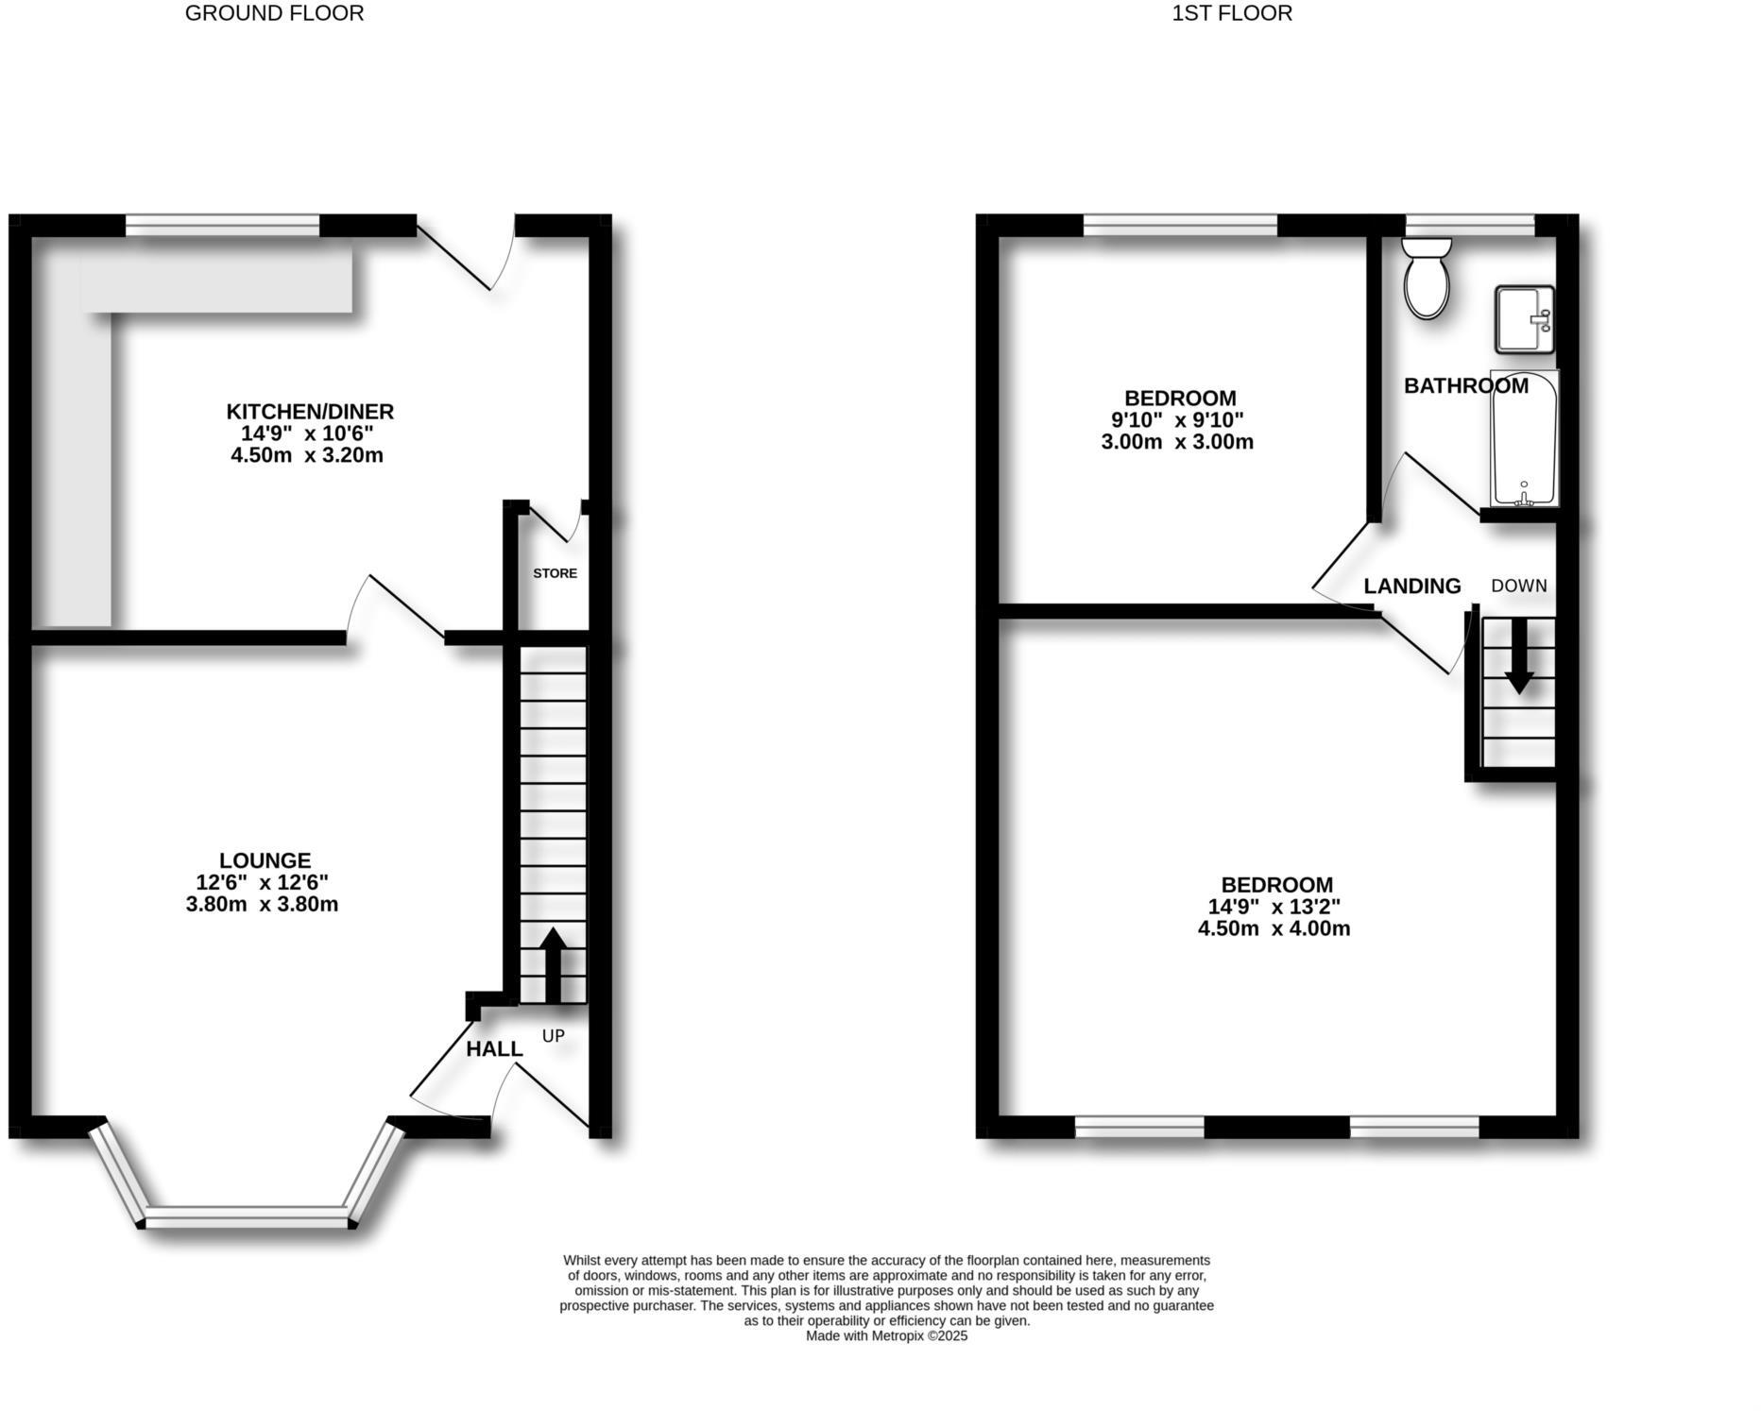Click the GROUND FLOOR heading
click(274, 13)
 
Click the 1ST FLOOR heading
click(1232, 13)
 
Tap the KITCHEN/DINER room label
click(310, 412)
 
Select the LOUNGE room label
click(265, 860)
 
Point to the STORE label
click(555, 573)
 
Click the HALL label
click(494, 1049)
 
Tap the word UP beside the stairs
click(554, 1036)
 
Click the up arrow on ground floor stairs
click(553, 963)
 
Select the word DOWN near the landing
click(1519, 586)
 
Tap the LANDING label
click(1412, 586)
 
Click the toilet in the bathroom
click(1427, 278)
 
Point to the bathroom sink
click(1523, 319)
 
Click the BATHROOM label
click(1465, 385)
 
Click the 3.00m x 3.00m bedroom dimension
click(1177, 442)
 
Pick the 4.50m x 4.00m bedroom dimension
click(1274, 928)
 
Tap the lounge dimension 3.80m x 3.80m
click(262, 905)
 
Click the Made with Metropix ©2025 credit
click(886, 1336)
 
